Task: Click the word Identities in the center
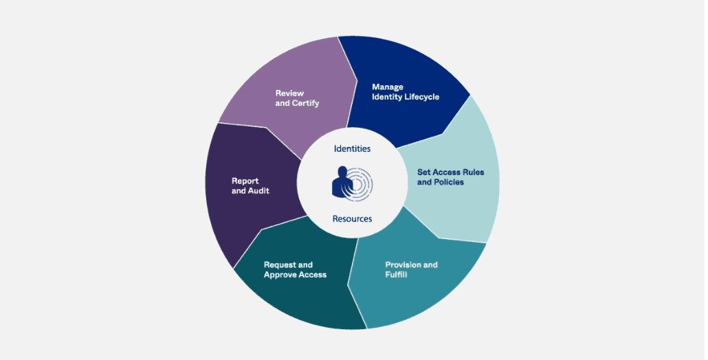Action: pyautogui.click(x=352, y=148)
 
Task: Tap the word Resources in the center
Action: pyautogui.click(x=352, y=218)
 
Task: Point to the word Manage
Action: pyautogui.click(x=388, y=87)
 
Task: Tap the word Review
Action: pyautogui.click(x=289, y=93)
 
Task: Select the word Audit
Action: pyautogui.click(x=258, y=191)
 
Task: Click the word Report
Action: pyautogui.click(x=245, y=181)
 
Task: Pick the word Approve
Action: pyautogui.click(x=280, y=275)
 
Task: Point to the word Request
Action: pyautogui.click(x=280, y=265)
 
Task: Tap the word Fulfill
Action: pyautogui.click(x=396, y=274)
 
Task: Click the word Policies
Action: pyautogui.click(x=450, y=182)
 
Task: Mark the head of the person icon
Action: pyautogui.click(x=342, y=172)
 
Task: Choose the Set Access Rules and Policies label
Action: pyautogui.click(x=451, y=177)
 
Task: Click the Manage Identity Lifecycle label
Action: pyautogui.click(x=406, y=92)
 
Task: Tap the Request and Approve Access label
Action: pyautogui.click(x=296, y=270)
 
